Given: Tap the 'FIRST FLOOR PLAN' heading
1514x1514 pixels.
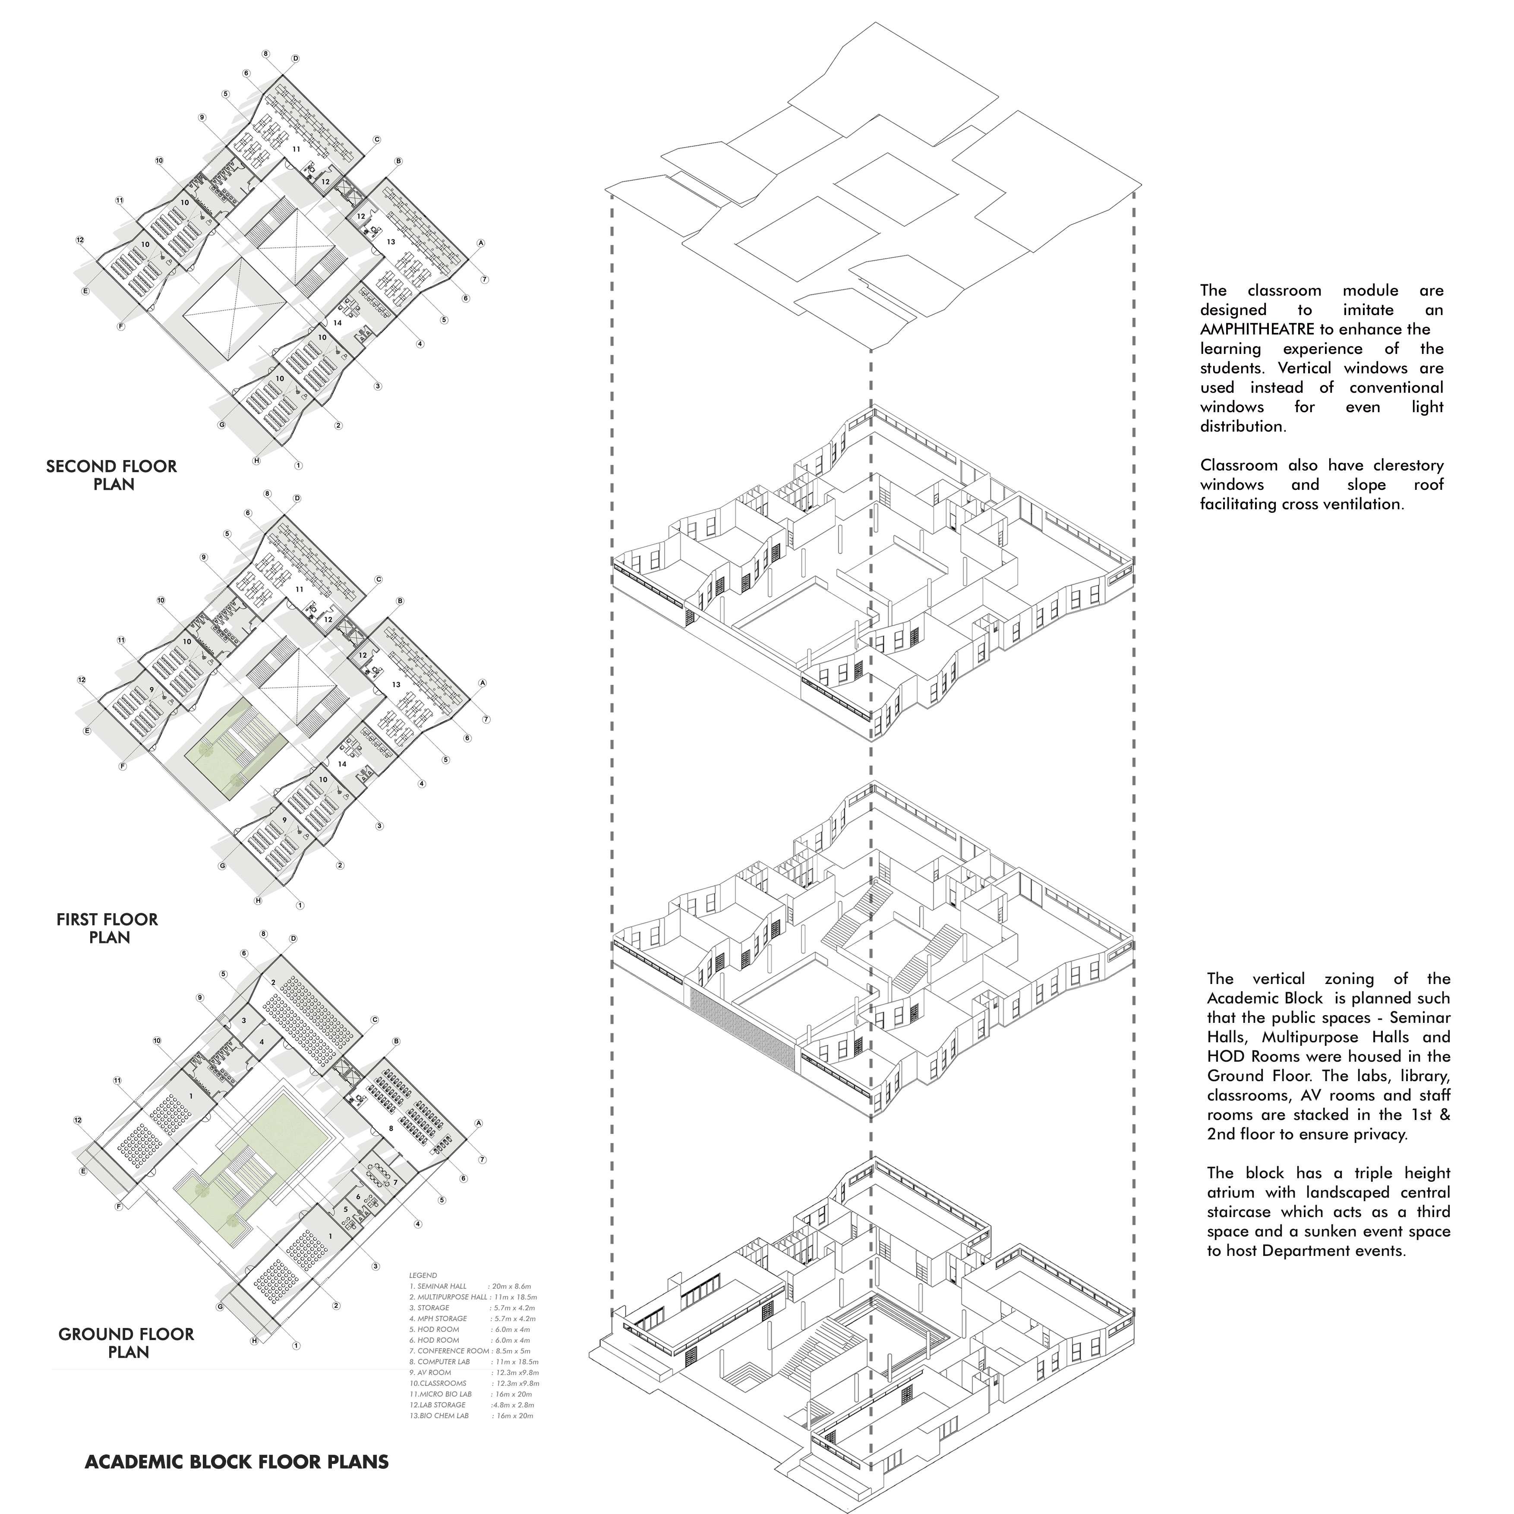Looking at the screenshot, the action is click(107, 928).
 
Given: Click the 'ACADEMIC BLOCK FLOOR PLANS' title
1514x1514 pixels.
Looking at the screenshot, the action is click(237, 1461).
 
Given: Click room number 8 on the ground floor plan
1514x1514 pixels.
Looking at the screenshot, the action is click(390, 1129).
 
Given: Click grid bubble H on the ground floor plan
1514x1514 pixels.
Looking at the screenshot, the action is click(255, 1341).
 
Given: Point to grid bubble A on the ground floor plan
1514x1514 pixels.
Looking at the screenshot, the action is click(479, 1123).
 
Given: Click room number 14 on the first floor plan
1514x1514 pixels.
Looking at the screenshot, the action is click(342, 763).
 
